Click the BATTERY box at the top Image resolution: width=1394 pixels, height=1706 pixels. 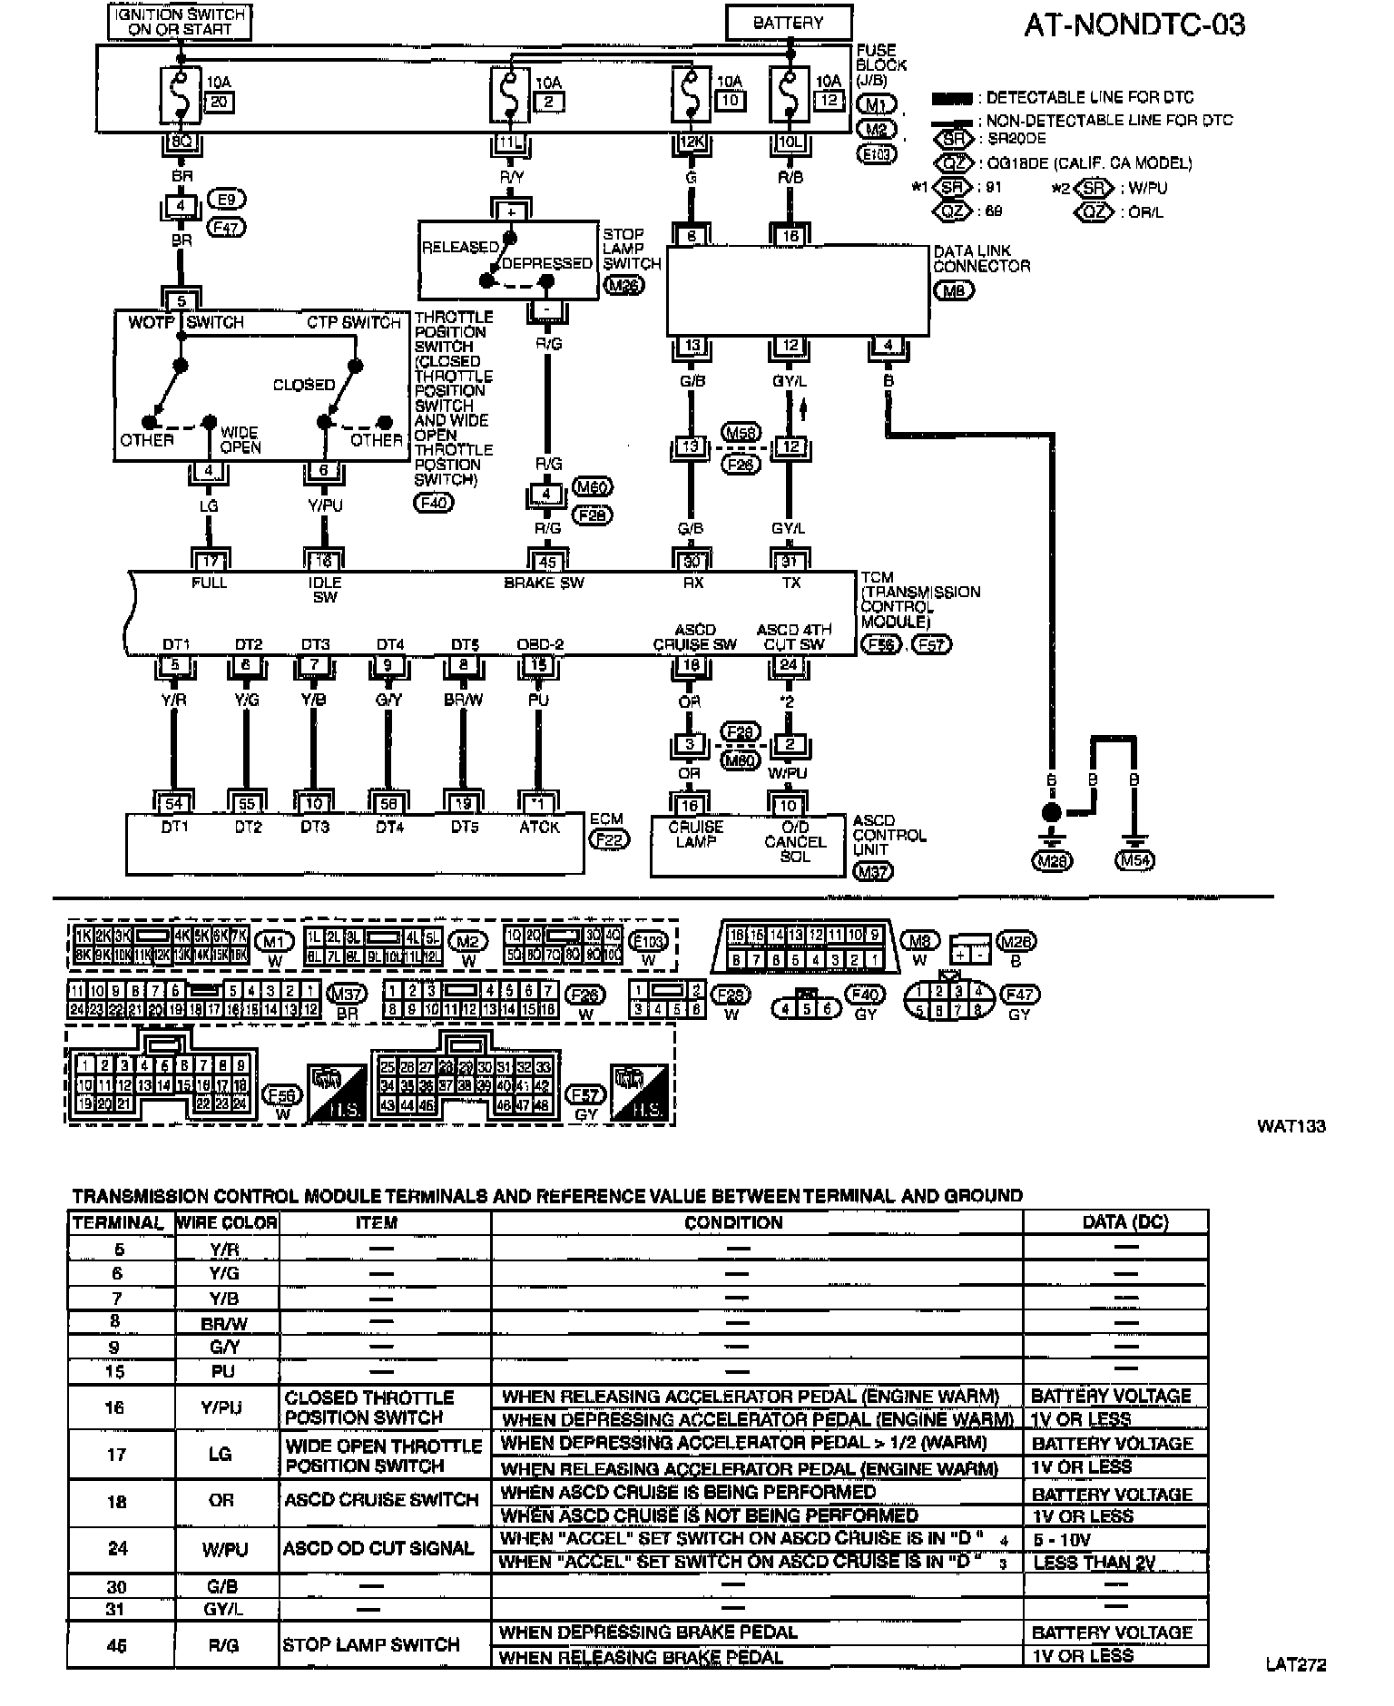788,23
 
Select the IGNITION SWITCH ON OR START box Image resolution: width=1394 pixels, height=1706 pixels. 180,22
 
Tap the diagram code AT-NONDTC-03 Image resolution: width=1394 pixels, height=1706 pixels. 1134,25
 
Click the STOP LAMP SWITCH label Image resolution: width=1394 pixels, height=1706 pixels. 632,249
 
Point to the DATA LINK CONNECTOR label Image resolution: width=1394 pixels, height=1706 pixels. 981,259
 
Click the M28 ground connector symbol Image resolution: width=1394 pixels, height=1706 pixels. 1052,860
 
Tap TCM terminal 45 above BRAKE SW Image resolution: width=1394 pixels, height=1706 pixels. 547,563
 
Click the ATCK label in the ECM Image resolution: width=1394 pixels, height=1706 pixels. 539,827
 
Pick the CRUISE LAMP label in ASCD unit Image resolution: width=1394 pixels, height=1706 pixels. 696,834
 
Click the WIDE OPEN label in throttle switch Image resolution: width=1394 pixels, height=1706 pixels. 240,440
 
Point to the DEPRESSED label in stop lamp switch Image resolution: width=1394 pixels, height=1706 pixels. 546,263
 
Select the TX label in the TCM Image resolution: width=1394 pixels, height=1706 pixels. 790,583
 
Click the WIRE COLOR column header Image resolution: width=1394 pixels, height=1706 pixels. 226,1222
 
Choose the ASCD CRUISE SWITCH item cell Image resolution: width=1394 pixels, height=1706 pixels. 381,1501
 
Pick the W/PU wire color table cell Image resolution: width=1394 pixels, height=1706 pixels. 222,1549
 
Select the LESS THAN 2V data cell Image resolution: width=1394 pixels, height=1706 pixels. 1095,1563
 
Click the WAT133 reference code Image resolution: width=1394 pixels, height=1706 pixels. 1291,1126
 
